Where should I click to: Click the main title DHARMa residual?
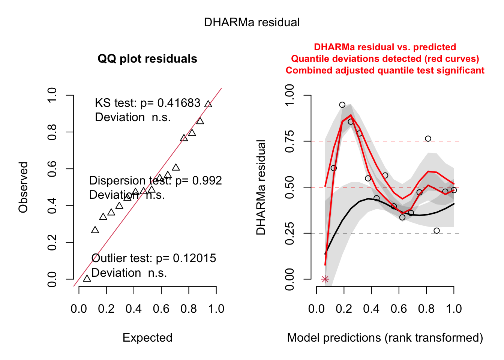click(252, 22)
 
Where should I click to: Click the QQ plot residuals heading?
click(147, 59)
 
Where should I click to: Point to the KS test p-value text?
click(148, 103)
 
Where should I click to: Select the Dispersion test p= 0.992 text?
click(156, 181)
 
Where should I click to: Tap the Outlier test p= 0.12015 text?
click(154, 258)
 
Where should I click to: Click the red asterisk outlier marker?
click(325, 279)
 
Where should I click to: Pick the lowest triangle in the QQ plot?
click(87, 278)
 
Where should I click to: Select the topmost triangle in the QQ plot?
click(208, 104)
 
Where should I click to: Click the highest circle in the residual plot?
click(342, 105)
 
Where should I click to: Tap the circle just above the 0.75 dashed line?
click(428, 139)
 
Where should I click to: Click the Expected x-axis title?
click(147, 338)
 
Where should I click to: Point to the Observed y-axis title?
click(23, 187)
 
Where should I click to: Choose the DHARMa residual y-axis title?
click(261, 187)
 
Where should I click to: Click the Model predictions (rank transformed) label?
click(385, 338)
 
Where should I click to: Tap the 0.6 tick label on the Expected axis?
click(161, 309)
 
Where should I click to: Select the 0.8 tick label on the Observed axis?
click(52, 132)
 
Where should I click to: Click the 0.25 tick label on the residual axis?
click(289, 233)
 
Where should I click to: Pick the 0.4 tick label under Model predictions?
click(371, 309)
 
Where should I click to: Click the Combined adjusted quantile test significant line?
click(385, 70)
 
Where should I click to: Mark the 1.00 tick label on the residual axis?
click(289, 95)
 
